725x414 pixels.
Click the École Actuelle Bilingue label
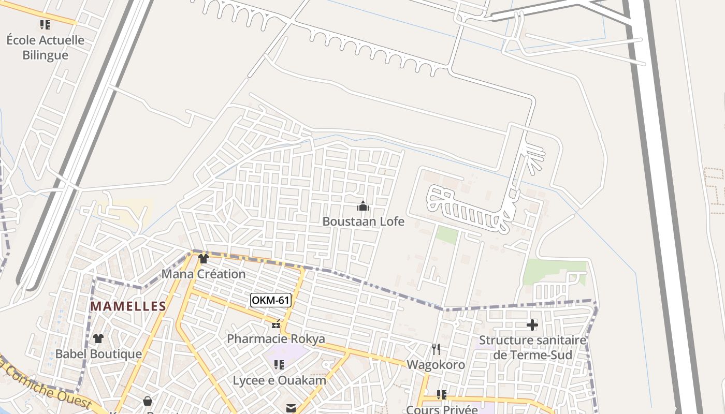[x=45, y=47]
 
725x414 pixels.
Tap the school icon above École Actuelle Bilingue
[x=45, y=24]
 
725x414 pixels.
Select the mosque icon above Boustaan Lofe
[x=363, y=206]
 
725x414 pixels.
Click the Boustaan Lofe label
[x=363, y=221]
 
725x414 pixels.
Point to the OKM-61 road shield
[x=270, y=300]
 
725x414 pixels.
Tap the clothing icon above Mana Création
[x=204, y=259]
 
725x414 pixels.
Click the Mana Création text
[x=204, y=274]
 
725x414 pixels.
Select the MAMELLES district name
[x=128, y=306]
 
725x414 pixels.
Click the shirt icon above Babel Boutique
[x=98, y=339]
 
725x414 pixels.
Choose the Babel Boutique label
[x=98, y=354]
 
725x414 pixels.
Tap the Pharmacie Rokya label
[x=276, y=339]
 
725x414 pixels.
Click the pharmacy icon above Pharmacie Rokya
[x=276, y=324]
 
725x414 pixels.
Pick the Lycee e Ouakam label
[x=280, y=380]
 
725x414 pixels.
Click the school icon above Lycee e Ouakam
[x=279, y=365]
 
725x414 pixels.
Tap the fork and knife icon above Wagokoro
[x=436, y=349]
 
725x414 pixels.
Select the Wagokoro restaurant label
[x=436, y=365]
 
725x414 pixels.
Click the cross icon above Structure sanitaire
[x=532, y=325]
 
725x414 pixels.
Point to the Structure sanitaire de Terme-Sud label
[x=532, y=348]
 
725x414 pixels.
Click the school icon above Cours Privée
[x=442, y=395]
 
